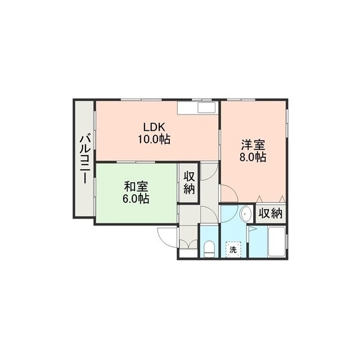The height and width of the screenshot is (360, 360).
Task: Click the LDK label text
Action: pyautogui.click(x=154, y=127)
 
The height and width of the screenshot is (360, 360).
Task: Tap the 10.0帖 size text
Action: pyautogui.click(x=154, y=139)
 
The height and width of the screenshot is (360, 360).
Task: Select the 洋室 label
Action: pyautogui.click(x=253, y=145)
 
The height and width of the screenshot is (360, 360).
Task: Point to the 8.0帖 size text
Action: pyautogui.click(x=253, y=157)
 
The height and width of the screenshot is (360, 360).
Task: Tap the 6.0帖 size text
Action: pyautogui.click(x=136, y=199)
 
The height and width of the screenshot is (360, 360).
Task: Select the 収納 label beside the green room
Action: pyautogui.click(x=189, y=183)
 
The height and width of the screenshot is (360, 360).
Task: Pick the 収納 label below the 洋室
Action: pyautogui.click(x=271, y=214)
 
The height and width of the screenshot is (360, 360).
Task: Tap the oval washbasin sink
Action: pyautogui.click(x=246, y=214)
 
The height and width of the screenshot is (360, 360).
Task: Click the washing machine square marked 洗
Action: pyautogui.click(x=233, y=250)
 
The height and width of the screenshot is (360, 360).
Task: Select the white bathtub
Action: pyautogui.click(x=277, y=242)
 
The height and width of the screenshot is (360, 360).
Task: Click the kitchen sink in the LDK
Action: pyautogui.click(x=206, y=107)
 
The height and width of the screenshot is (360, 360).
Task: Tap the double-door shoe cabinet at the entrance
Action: pyautogui.click(x=188, y=244)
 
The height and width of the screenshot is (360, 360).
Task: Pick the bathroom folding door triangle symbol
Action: pyautogui.click(x=252, y=229)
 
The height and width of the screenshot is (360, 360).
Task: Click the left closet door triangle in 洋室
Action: pyautogui.click(x=259, y=199)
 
